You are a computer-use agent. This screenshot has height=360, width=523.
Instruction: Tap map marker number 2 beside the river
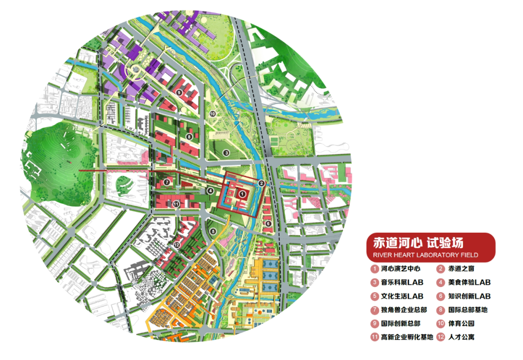(261, 183)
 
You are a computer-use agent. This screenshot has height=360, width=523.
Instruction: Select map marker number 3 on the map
(226, 153)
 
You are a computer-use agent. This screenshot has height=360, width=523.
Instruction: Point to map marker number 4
(210, 191)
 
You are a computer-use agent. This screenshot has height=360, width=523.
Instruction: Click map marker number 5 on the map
(213, 231)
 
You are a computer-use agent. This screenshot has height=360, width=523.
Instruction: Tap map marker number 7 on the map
(167, 182)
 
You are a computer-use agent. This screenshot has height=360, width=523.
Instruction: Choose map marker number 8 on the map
(189, 137)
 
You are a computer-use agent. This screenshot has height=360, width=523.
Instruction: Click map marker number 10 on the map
(212, 114)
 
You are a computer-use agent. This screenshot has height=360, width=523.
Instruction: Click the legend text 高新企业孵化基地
(407, 337)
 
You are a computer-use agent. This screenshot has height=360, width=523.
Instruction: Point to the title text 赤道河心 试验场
(418, 242)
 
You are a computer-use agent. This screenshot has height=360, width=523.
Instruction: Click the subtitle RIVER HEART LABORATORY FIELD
(426, 255)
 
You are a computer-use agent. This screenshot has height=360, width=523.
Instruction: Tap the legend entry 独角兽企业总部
(404, 310)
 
